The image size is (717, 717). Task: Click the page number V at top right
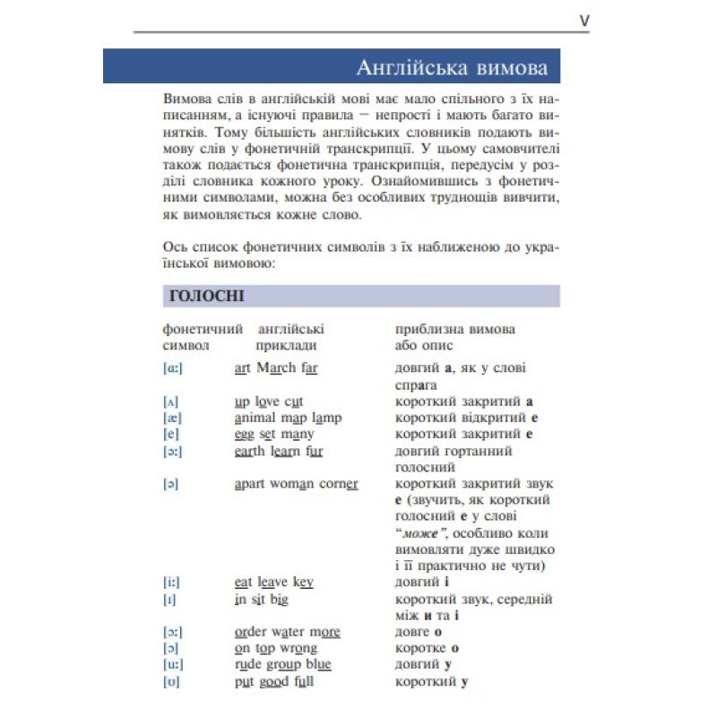point(584,20)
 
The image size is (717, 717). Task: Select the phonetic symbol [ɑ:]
point(173,368)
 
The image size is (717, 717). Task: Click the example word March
point(276,367)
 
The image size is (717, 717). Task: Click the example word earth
point(251,451)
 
